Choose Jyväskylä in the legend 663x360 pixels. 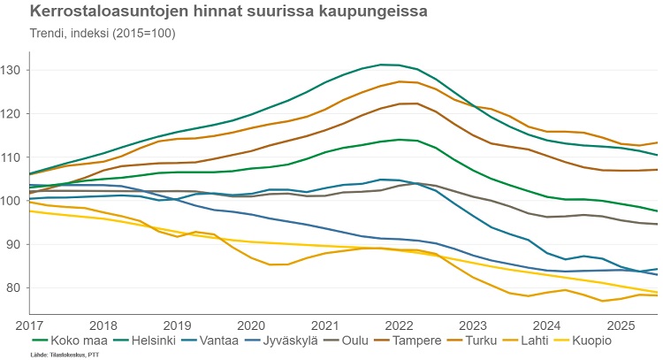311,339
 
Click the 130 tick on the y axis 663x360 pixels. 15,70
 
